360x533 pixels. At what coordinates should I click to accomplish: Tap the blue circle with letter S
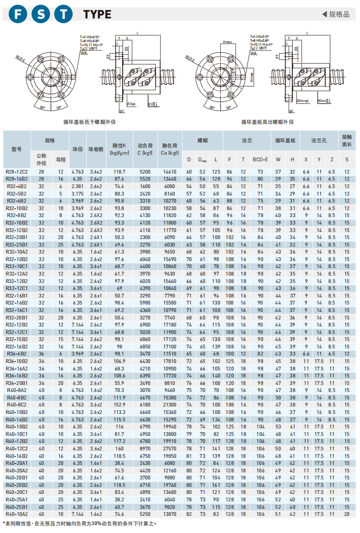[x=41, y=14]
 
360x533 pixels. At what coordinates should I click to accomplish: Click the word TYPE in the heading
[x=97, y=15]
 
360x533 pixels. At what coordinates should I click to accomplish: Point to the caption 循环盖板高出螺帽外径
[x=268, y=122]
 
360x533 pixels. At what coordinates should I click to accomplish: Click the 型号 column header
[x=17, y=149]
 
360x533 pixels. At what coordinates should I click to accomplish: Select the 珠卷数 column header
[x=96, y=149]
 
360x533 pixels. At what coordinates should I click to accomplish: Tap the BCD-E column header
[x=260, y=159]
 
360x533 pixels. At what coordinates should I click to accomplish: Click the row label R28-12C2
[x=17, y=172]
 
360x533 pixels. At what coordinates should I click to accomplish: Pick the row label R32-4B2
[x=17, y=186]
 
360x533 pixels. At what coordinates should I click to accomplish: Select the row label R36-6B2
[x=17, y=354]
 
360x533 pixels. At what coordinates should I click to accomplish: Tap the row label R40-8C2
[x=17, y=405]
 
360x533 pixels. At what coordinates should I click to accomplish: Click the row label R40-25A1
[x=17, y=500]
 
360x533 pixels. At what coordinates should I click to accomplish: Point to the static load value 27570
[x=169, y=449]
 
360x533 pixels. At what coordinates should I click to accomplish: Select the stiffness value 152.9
[x=120, y=405]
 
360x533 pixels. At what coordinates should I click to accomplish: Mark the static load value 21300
[x=169, y=405]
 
